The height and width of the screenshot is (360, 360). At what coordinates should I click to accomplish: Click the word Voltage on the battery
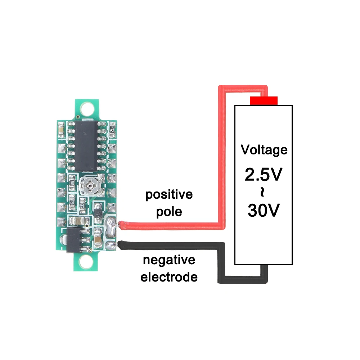coord(264,149)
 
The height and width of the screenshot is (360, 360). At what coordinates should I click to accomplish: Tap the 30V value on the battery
coord(264,211)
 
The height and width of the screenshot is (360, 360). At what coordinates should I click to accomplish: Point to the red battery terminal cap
coord(264,100)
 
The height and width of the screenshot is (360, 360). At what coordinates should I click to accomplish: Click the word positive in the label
coord(169,195)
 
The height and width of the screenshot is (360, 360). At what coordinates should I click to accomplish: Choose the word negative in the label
coord(168,260)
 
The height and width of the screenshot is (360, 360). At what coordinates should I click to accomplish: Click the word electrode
coord(169,277)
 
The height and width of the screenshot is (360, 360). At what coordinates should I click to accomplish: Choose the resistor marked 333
coord(82,206)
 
